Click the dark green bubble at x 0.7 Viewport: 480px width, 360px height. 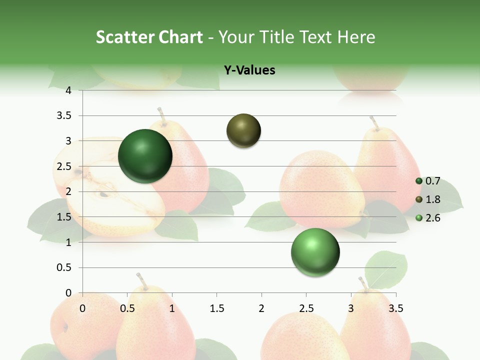click(x=145, y=156)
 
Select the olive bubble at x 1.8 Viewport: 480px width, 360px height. click(x=244, y=131)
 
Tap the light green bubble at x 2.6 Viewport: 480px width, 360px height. click(x=315, y=252)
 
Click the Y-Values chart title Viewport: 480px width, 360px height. click(x=249, y=70)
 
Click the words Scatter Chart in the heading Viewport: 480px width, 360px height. click(x=149, y=37)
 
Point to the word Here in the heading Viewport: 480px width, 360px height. click(x=356, y=37)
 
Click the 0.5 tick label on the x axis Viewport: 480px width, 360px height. click(x=127, y=308)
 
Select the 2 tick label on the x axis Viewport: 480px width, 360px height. click(x=261, y=308)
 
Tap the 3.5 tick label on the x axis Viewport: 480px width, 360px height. click(x=395, y=308)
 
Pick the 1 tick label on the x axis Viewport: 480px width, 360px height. click(x=172, y=308)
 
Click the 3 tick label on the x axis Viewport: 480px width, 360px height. click(x=351, y=308)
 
